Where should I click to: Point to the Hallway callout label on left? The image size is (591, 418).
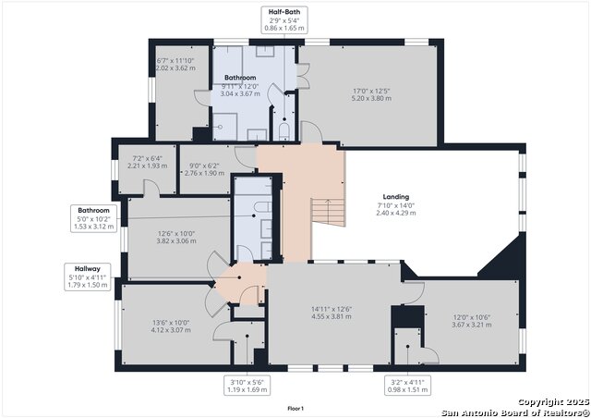(x=89, y=267)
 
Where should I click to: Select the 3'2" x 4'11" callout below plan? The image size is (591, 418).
(x=406, y=379)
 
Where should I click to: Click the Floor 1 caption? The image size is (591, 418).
(x=295, y=408)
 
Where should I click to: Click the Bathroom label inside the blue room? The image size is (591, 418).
(x=239, y=79)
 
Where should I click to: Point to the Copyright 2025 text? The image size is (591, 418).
(x=551, y=401)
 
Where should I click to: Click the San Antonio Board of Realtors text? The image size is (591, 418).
(x=514, y=412)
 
